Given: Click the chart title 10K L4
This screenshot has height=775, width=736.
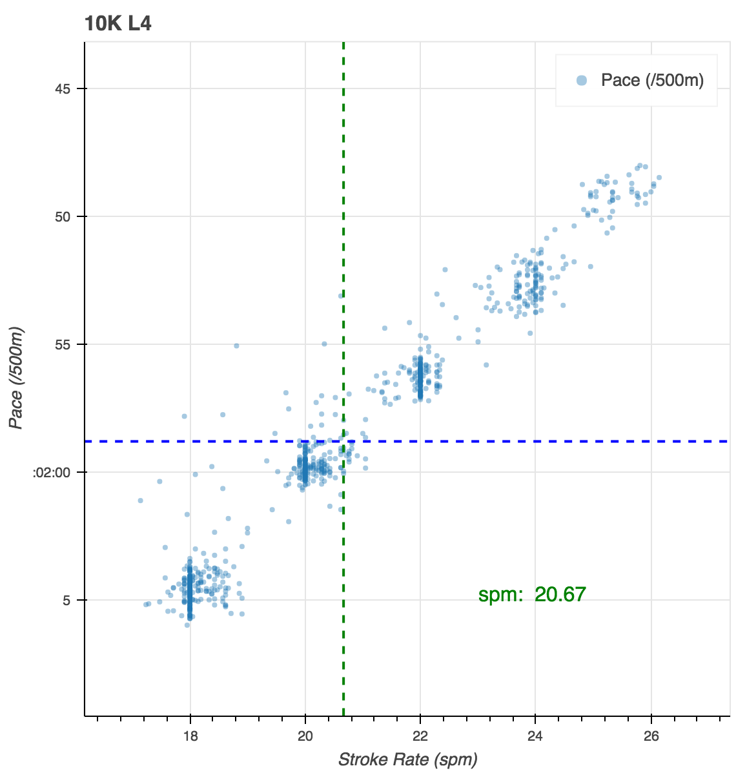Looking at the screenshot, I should tap(118, 25).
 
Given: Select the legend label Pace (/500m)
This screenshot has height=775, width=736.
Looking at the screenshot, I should tap(652, 80).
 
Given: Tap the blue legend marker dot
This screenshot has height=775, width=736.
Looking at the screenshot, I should tap(582, 81).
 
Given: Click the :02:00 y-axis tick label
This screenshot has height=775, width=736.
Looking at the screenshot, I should tap(51, 472).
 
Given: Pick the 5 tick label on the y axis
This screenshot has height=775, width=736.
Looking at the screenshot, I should tap(66, 600).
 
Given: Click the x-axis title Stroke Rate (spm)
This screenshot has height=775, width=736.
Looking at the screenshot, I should tap(407, 759).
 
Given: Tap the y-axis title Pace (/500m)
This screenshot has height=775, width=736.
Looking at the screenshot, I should tap(17, 378).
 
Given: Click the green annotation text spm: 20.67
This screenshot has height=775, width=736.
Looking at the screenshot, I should tap(532, 594).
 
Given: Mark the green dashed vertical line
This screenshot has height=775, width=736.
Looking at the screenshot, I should tap(343, 194).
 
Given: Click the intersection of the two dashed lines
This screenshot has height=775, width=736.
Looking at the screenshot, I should tap(343, 441).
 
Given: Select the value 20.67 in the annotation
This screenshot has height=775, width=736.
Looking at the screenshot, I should tap(560, 594).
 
